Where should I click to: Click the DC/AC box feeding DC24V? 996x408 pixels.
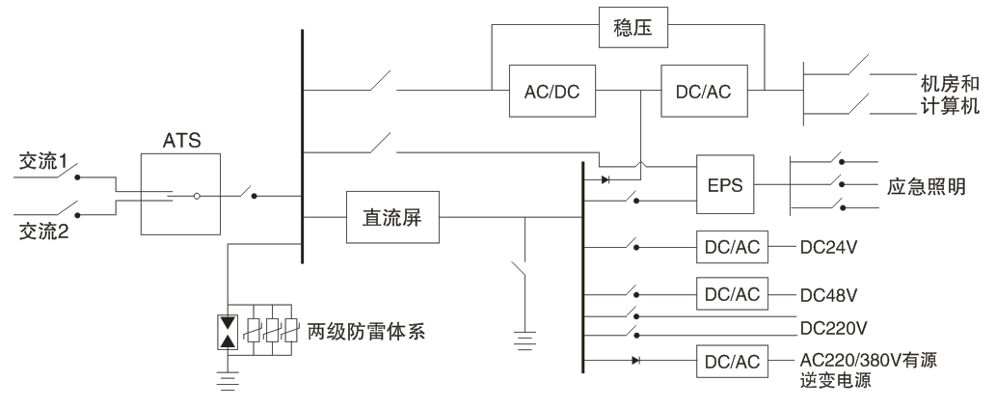point(731,247)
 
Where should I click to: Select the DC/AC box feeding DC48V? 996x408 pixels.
point(731,292)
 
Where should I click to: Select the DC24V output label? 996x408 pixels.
point(828,247)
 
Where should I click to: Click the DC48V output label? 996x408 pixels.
point(828,292)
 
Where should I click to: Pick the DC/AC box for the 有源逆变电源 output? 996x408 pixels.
point(731,362)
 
